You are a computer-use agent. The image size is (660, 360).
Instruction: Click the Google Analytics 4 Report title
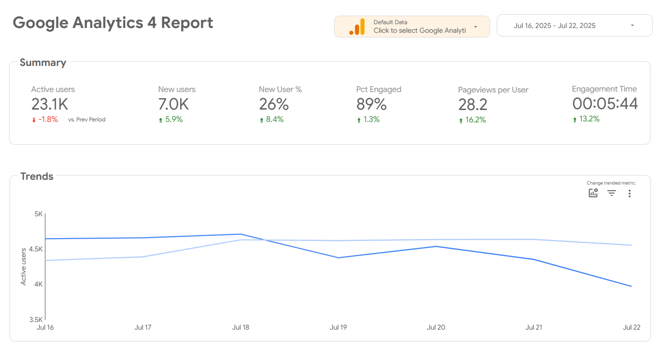(x=113, y=23)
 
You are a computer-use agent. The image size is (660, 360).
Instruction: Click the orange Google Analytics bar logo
(x=357, y=27)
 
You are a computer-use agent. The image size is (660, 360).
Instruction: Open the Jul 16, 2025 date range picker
(x=574, y=26)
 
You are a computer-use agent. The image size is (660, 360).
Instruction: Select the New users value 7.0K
(x=174, y=104)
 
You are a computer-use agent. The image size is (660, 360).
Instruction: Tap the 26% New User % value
(x=274, y=104)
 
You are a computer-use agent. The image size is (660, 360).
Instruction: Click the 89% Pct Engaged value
(x=372, y=104)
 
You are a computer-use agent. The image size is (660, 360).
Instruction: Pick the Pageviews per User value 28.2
(x=473, y=104)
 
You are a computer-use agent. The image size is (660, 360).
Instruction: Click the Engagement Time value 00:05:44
(x=605, y=103)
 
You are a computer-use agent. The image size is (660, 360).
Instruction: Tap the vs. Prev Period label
(x=86, y=120)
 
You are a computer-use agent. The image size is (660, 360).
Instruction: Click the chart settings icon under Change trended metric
(x=593, y=193)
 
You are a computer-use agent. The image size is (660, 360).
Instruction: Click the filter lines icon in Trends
(x=612, y=193)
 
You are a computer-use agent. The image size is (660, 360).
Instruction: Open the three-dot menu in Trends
(x=630, y=193)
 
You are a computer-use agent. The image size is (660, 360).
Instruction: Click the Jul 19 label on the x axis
(x=338, y=327)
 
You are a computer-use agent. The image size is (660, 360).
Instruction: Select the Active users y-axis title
(x=24, y=267)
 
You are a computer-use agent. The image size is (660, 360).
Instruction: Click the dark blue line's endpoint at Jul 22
(x=631, y=286)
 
